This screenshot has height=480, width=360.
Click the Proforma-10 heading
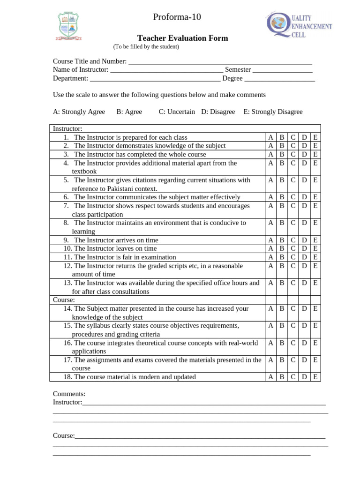click(x=177, y=17)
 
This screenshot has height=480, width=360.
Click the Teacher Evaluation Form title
click(x=182, y=38)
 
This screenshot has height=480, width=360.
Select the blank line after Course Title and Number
click(x=220, y=61)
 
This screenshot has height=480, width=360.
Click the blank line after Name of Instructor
click(x=166, y=70)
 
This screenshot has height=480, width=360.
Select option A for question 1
click(x=270, y=137)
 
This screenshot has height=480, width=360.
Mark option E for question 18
click(x=315, y=377)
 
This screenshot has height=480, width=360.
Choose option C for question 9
click(x=293, y=240)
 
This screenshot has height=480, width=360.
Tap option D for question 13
click(x=304, y=283)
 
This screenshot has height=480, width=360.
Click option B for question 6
click(x=282, y=197)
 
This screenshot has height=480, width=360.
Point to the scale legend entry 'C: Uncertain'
click(x=177, y=112)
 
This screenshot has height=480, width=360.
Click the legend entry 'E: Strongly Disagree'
click(x=273, y=112)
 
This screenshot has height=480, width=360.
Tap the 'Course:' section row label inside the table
click(x=64, y=300)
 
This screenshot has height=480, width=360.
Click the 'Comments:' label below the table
click(x=69, y=394)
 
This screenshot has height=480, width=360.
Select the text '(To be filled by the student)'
click(x=146, y=47)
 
